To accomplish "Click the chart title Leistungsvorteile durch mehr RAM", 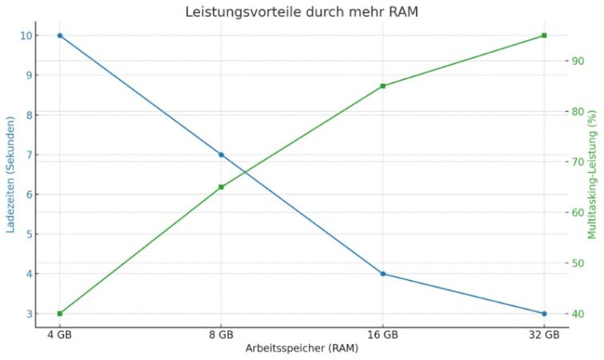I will point(302,12).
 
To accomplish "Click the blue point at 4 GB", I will point(60,35).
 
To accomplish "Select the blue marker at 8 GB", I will point(222,154).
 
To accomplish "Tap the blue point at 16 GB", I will point(382,274).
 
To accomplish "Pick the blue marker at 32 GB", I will point(544,314).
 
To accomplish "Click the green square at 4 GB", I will point(60,314).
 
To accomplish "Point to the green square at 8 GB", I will point(222,187).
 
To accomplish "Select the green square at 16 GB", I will point(382,86).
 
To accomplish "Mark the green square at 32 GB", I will point(544,35).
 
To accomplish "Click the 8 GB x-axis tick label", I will point(222,334).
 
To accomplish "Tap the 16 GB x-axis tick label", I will point(382,334).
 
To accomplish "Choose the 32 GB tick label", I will point(544,334).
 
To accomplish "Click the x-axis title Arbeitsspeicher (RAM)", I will point(302,349).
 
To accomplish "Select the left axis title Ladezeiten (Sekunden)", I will point(11,174).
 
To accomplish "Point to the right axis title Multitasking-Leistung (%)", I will point(593,174).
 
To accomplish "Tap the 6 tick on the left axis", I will point(28,194).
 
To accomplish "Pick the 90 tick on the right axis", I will point(574,61).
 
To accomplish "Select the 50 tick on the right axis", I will point(574,263).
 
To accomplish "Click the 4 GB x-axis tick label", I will point(60,334).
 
